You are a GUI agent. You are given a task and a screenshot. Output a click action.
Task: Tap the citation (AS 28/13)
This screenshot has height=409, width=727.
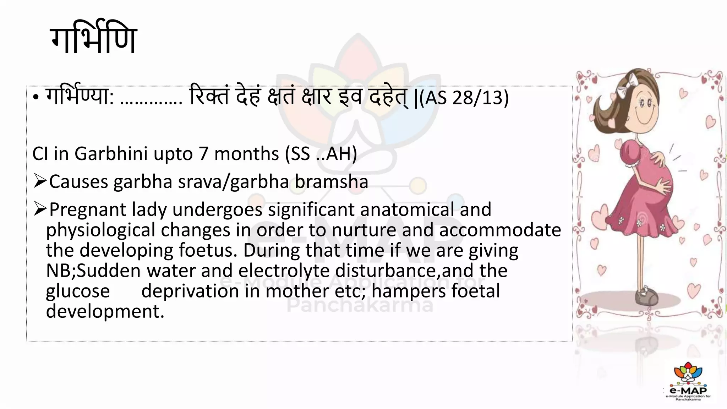pos(464,98)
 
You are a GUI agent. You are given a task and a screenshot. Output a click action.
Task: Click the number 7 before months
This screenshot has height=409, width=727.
pos(203,154)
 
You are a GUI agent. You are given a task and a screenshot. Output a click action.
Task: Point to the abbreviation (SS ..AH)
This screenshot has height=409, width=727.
pos(321,154)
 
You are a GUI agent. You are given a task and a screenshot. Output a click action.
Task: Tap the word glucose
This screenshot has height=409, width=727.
pos(78,291)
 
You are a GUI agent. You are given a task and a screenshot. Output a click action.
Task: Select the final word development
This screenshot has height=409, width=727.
pos(105,311)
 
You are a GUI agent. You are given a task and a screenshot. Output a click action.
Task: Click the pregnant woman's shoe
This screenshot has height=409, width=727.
pos(646,295)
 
